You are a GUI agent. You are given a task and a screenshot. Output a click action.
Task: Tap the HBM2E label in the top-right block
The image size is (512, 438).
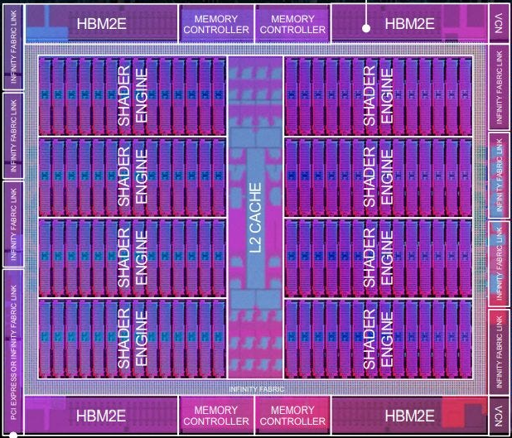[409, 23]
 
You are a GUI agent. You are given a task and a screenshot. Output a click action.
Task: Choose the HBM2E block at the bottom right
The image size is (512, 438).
[409, 415]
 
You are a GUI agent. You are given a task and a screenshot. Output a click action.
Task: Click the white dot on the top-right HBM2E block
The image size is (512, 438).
[365, 27]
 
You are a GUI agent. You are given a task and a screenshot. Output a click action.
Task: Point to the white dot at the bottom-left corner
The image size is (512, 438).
[10, 432]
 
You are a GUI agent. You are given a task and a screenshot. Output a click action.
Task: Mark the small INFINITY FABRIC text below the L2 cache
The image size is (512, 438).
[257, 388]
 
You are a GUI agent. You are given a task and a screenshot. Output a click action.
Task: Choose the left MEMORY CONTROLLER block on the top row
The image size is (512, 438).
[215, 23]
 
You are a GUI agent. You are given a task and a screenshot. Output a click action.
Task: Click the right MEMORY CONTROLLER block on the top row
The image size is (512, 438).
[292, 23]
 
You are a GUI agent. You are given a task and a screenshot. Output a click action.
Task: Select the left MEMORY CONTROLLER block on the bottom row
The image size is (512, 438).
[215, 415]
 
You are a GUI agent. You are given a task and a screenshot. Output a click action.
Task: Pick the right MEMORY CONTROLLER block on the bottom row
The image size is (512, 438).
[292, 415]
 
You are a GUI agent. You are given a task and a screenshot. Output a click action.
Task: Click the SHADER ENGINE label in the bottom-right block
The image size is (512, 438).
[379, 339]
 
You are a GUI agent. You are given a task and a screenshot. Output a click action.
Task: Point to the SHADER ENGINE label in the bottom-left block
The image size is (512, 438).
[133, 339]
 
